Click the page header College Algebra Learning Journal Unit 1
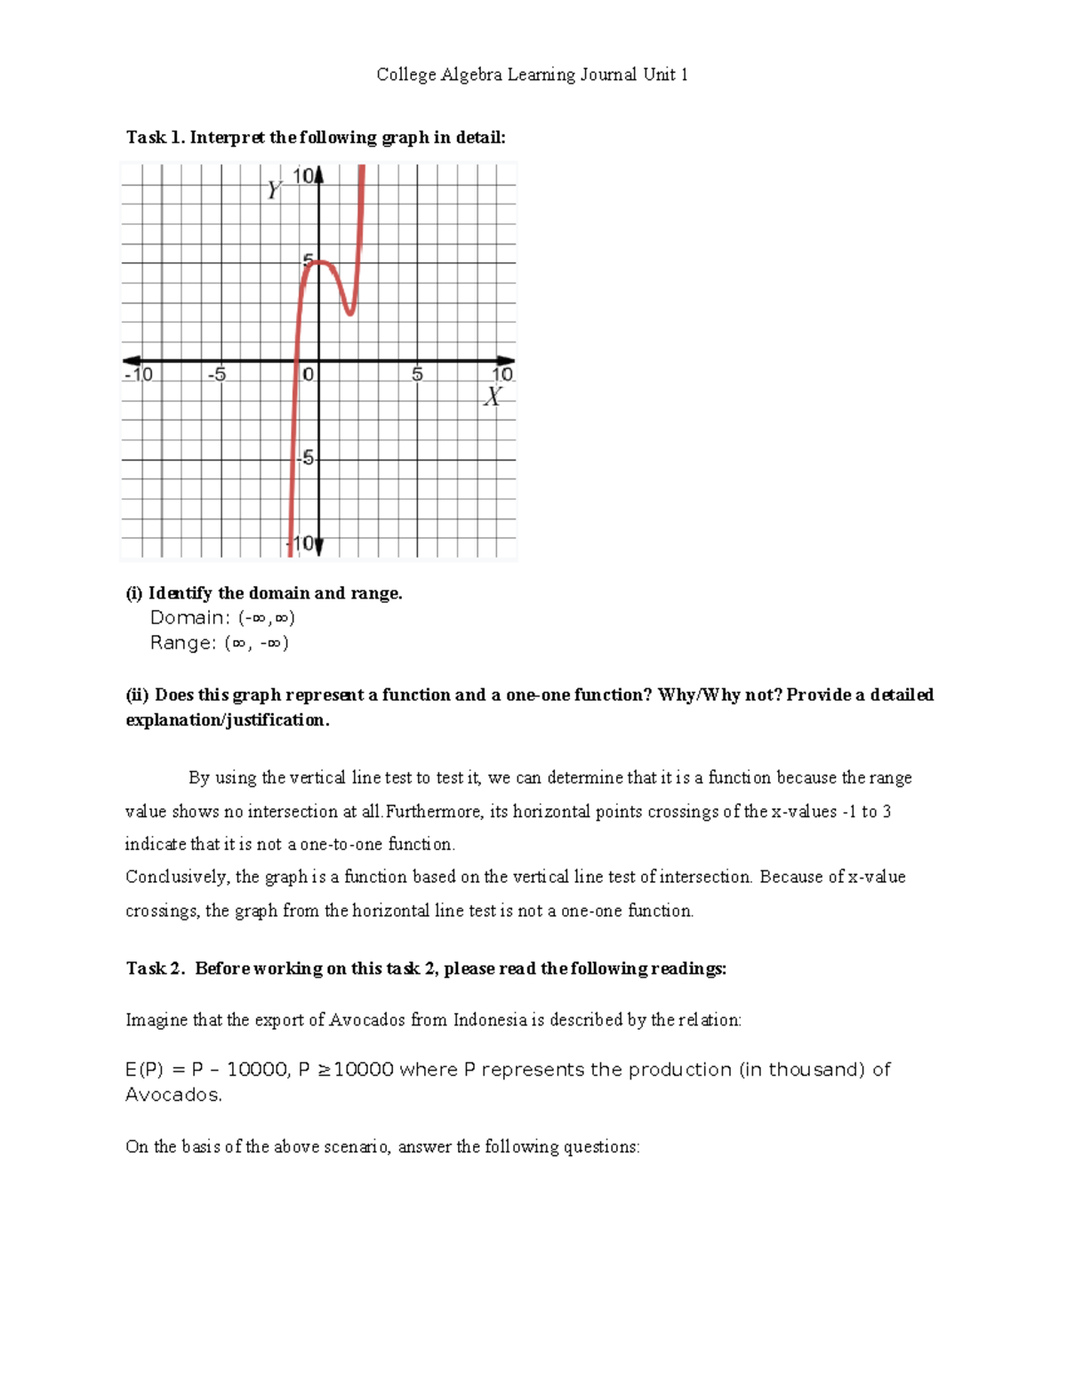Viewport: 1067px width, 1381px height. click(x=532, y=75)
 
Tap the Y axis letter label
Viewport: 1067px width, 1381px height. click(x=275, y=190)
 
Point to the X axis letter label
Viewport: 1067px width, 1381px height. click(x=493, y=397)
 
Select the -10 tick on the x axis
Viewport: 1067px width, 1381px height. click(x=139, y=374)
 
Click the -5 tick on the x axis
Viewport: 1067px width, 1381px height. click(x=217, y=374)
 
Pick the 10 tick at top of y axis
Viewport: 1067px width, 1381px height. click(x=303, y=176)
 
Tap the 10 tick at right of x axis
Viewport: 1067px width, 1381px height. click(x=502, y=374)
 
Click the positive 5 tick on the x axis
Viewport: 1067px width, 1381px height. click(x=417, y=374)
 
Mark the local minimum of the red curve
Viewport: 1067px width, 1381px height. click(x=350, y=312)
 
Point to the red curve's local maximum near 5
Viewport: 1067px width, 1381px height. click(x=320, y=261)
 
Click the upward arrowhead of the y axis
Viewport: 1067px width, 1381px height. click(x=319, y=174)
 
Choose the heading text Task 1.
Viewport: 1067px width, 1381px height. click(x=155, y=137)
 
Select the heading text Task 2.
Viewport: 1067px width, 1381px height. click(x=155, y=968)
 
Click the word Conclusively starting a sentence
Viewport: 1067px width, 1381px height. click(x=178, y=877)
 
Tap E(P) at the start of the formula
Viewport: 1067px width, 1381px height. click(x=144, y=1070)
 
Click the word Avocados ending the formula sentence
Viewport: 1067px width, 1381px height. click(x=172, y=1095)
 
